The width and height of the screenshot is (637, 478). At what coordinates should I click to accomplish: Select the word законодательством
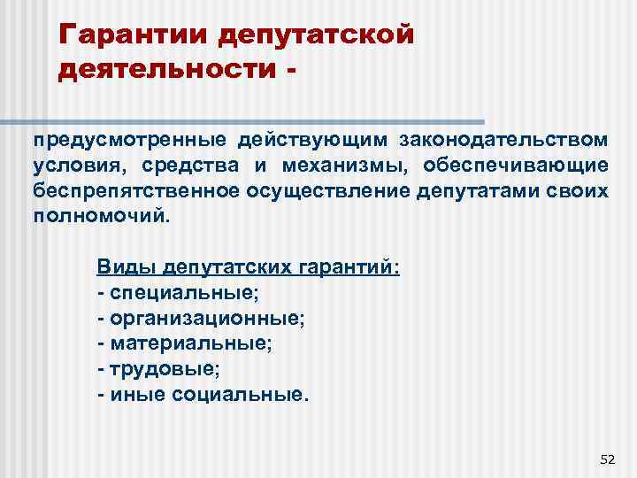[503, 139]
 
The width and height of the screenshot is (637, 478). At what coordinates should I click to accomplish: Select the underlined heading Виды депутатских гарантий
[249, 266]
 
